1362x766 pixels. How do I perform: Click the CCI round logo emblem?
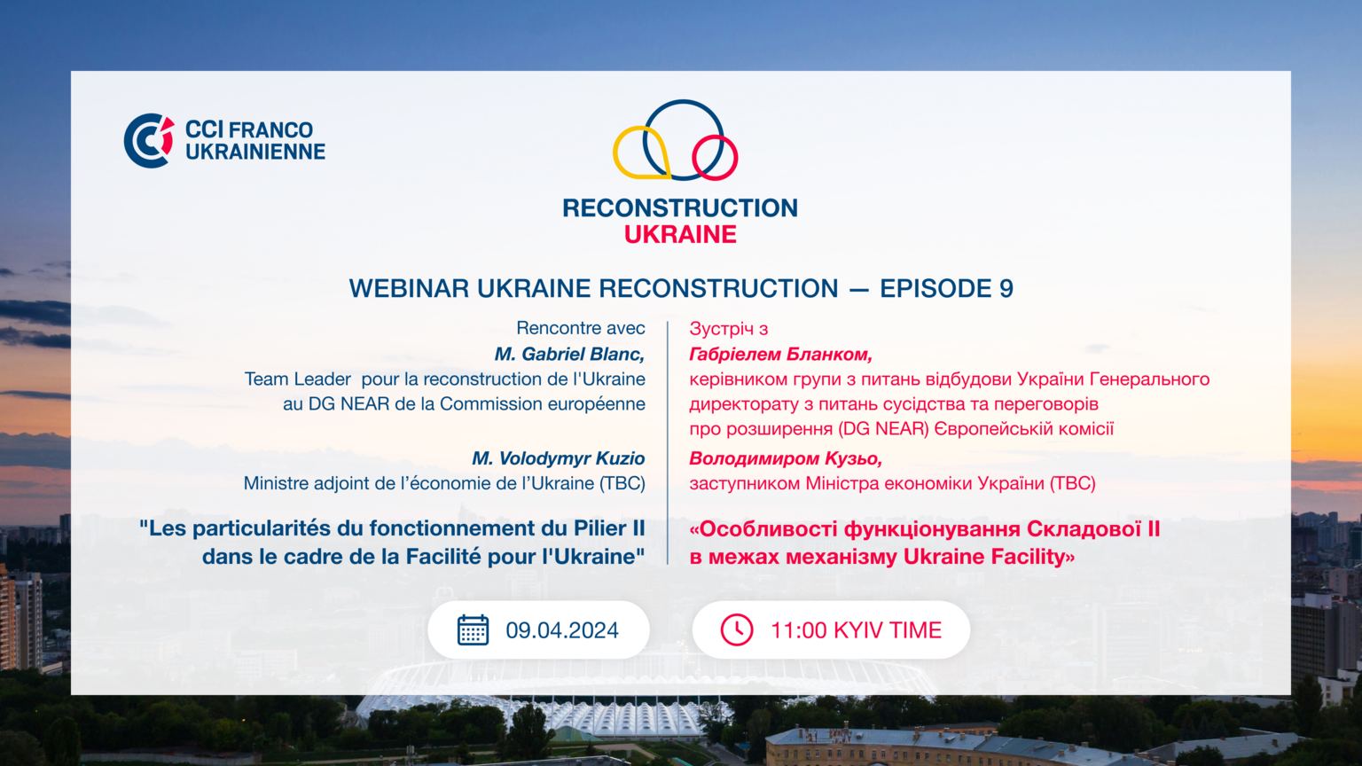148,140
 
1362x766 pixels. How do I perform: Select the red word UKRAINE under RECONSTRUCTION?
680,235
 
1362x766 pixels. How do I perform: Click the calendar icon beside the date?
473,629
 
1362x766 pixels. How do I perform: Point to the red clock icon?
736,629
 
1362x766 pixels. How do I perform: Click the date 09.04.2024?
562,630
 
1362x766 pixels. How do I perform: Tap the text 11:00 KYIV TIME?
856,630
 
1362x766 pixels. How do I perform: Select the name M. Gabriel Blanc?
570,354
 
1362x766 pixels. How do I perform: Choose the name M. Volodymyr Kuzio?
558,458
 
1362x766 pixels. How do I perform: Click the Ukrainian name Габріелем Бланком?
780,354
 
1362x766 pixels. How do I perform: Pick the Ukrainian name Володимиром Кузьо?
786,458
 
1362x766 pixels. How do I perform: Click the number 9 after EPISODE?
1006,288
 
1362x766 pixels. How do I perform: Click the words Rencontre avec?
581,328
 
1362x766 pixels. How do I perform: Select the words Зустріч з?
728,329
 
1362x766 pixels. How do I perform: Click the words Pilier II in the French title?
609,528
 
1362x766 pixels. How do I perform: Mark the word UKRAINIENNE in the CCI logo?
255,152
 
